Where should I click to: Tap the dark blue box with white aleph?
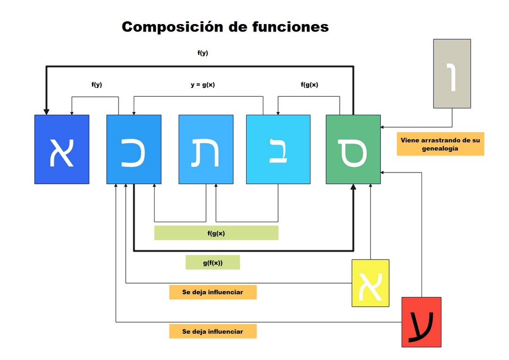pos(62,149)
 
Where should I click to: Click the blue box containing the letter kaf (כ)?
pos(134,149)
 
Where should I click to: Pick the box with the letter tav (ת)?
pos(206,149)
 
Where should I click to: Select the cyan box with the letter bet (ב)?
pos(278,149)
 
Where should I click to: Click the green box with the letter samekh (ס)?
pos(353,149)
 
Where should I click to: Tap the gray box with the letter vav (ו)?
pos(452,74)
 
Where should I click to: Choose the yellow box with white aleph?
pos(370,283)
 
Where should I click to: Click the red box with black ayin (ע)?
pos(421,322)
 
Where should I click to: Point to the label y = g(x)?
pos(203,85)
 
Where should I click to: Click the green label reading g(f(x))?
pos(213,262)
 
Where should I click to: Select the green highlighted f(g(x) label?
pos(216,233)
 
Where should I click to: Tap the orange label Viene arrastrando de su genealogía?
pos(440,144)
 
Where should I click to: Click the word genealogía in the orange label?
pos(440,149)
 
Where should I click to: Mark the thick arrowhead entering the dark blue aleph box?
pos(46,112)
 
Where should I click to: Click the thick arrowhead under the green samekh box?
pos(353,187)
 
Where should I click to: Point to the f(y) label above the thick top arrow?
pos(203,53)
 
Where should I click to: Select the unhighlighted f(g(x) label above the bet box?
pos(310,85)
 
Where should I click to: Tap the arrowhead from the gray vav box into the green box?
pos(383,126)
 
